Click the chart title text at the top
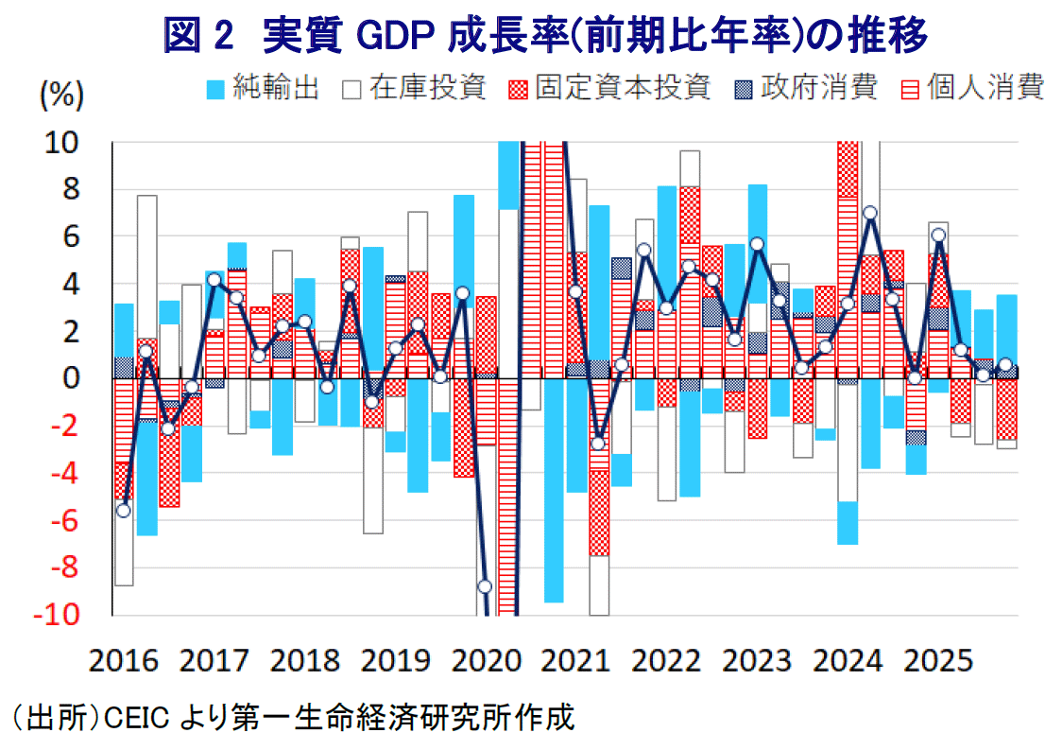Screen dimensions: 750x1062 click(545, 35)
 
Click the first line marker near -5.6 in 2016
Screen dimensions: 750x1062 click(123, 510)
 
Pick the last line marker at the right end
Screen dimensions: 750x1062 click(1005, 365)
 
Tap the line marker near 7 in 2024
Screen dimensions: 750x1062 click(870, 213)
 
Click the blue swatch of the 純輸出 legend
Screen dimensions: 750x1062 click(216, 90)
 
